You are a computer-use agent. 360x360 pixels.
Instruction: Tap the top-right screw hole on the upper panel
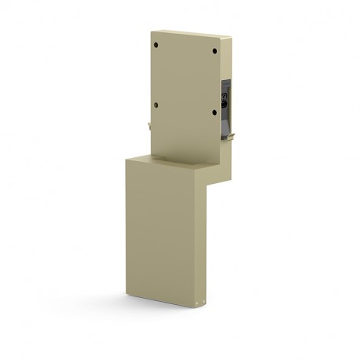215,52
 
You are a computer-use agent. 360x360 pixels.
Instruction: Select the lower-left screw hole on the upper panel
157,105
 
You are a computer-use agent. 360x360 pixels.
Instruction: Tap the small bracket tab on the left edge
149,123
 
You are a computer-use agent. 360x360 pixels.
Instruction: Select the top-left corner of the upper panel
150,31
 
